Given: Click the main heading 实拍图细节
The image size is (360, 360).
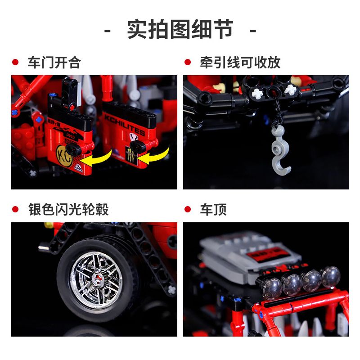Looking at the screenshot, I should click(x=180, y=30).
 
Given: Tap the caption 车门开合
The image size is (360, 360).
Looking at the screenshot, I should click(x=54, y=63).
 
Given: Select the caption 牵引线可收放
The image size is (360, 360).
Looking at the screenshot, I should click(x=240, y=63).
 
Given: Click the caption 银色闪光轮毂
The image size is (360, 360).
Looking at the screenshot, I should click(x=67, y=209).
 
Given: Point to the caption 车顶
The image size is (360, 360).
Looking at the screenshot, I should click(x=213, y=209).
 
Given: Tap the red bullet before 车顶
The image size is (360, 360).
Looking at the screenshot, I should click(x=188, y=210).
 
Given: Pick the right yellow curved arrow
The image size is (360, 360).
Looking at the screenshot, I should click(x=157, y=154).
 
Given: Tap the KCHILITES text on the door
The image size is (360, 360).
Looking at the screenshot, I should click(x=125, y=126).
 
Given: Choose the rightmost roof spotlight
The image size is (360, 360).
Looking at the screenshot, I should click(x=330, y=276).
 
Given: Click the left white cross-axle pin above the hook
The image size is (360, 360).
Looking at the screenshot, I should click(x=257, y=94).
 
